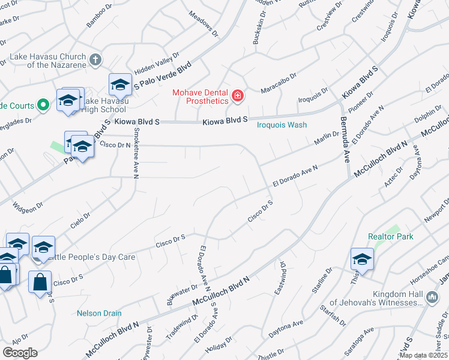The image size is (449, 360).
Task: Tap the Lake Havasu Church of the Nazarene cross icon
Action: [95, 59]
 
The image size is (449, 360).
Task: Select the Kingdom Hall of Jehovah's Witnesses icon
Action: [432, 297]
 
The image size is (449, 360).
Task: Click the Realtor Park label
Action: [391, 236]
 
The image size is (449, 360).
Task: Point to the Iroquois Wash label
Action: [282, 125]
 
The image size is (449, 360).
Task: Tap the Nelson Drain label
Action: [99, 313]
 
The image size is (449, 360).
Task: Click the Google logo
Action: [20, 352]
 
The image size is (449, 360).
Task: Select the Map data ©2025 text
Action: [423, 355]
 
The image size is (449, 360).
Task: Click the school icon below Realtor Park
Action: [363, 259]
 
